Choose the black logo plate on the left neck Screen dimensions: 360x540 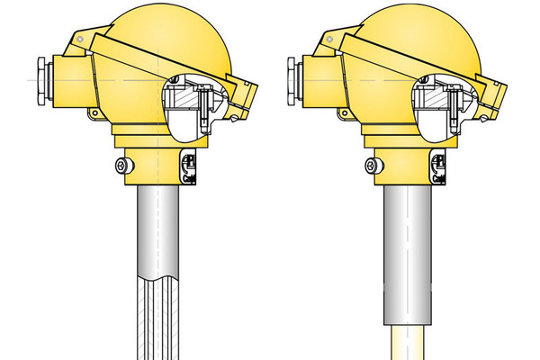(190, 166)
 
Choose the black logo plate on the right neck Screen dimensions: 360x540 (439, 166)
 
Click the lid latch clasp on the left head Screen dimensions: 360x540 (244, 103)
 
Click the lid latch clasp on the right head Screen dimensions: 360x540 (493, 103)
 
